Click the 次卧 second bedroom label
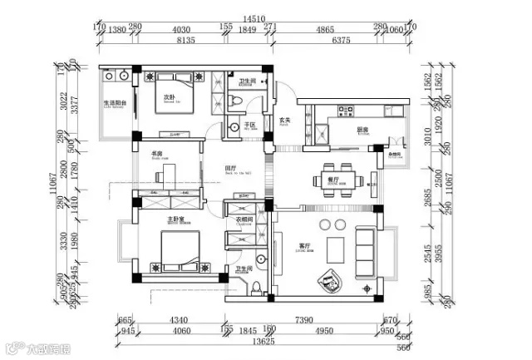[x=169, y=97]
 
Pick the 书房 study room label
[x=156, y=153]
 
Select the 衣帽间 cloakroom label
[x=244, y=219]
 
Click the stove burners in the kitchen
[x=342, y=111]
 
